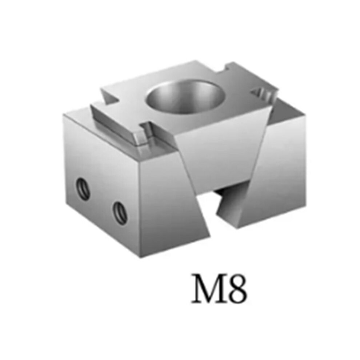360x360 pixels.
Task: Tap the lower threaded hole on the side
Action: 120,213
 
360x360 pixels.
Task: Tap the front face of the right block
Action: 273,177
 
